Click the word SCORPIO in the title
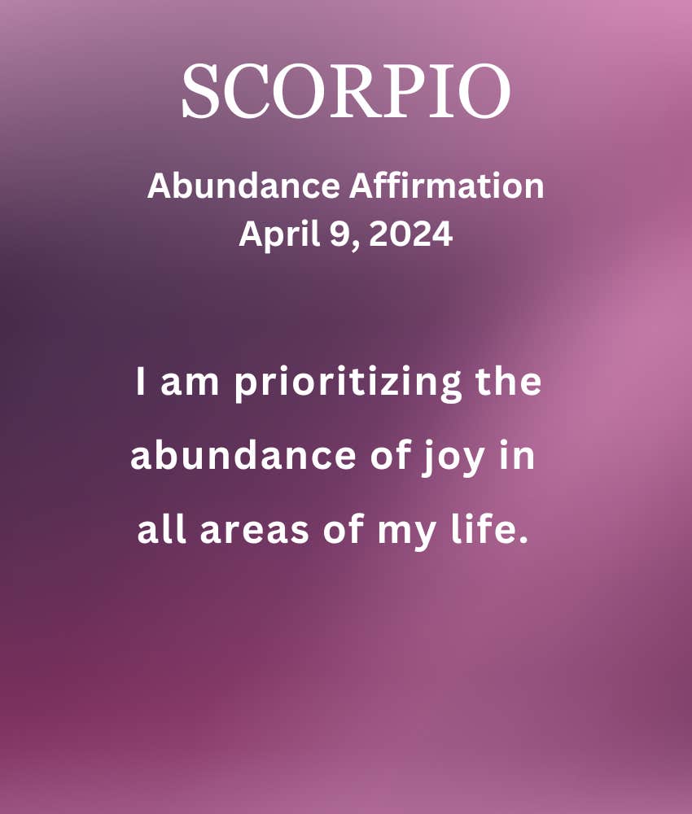(346, 91)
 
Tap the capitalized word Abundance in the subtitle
(244, 186)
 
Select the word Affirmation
(446, 186)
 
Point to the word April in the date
(279, 234)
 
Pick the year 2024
(410, 234)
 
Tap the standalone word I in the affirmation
(140, 381)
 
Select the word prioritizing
(348, 383)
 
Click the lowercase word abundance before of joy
(243, 455)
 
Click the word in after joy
(516, 455)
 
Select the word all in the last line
(161, 529)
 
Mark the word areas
(254, 532)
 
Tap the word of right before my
(343, 529)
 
